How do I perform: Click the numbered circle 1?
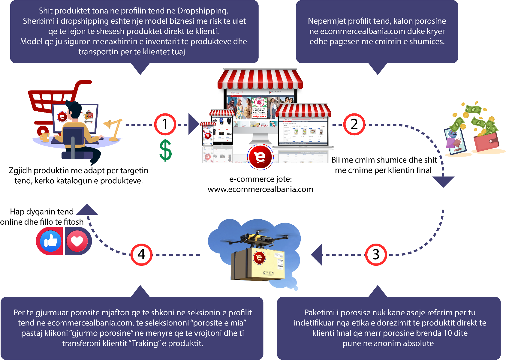[x=165, y=124]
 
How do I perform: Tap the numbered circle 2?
[x=354, y=124]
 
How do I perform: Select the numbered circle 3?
[x=376, y=255]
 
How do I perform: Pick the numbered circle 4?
[x=141, y=255]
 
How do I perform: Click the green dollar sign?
[x=165, y=150]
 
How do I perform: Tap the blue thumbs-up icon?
[x=51, y=241]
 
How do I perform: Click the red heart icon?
[x=77, y=241]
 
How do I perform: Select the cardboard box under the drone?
[x=258, y=264]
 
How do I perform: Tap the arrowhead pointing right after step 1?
[x=193, y=124]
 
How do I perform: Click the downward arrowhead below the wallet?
[x=443, y=181]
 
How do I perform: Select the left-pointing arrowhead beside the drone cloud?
[x=317, y=255]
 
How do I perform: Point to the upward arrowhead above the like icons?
[x=87, y=210]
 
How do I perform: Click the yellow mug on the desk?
[x=45, y=137]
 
